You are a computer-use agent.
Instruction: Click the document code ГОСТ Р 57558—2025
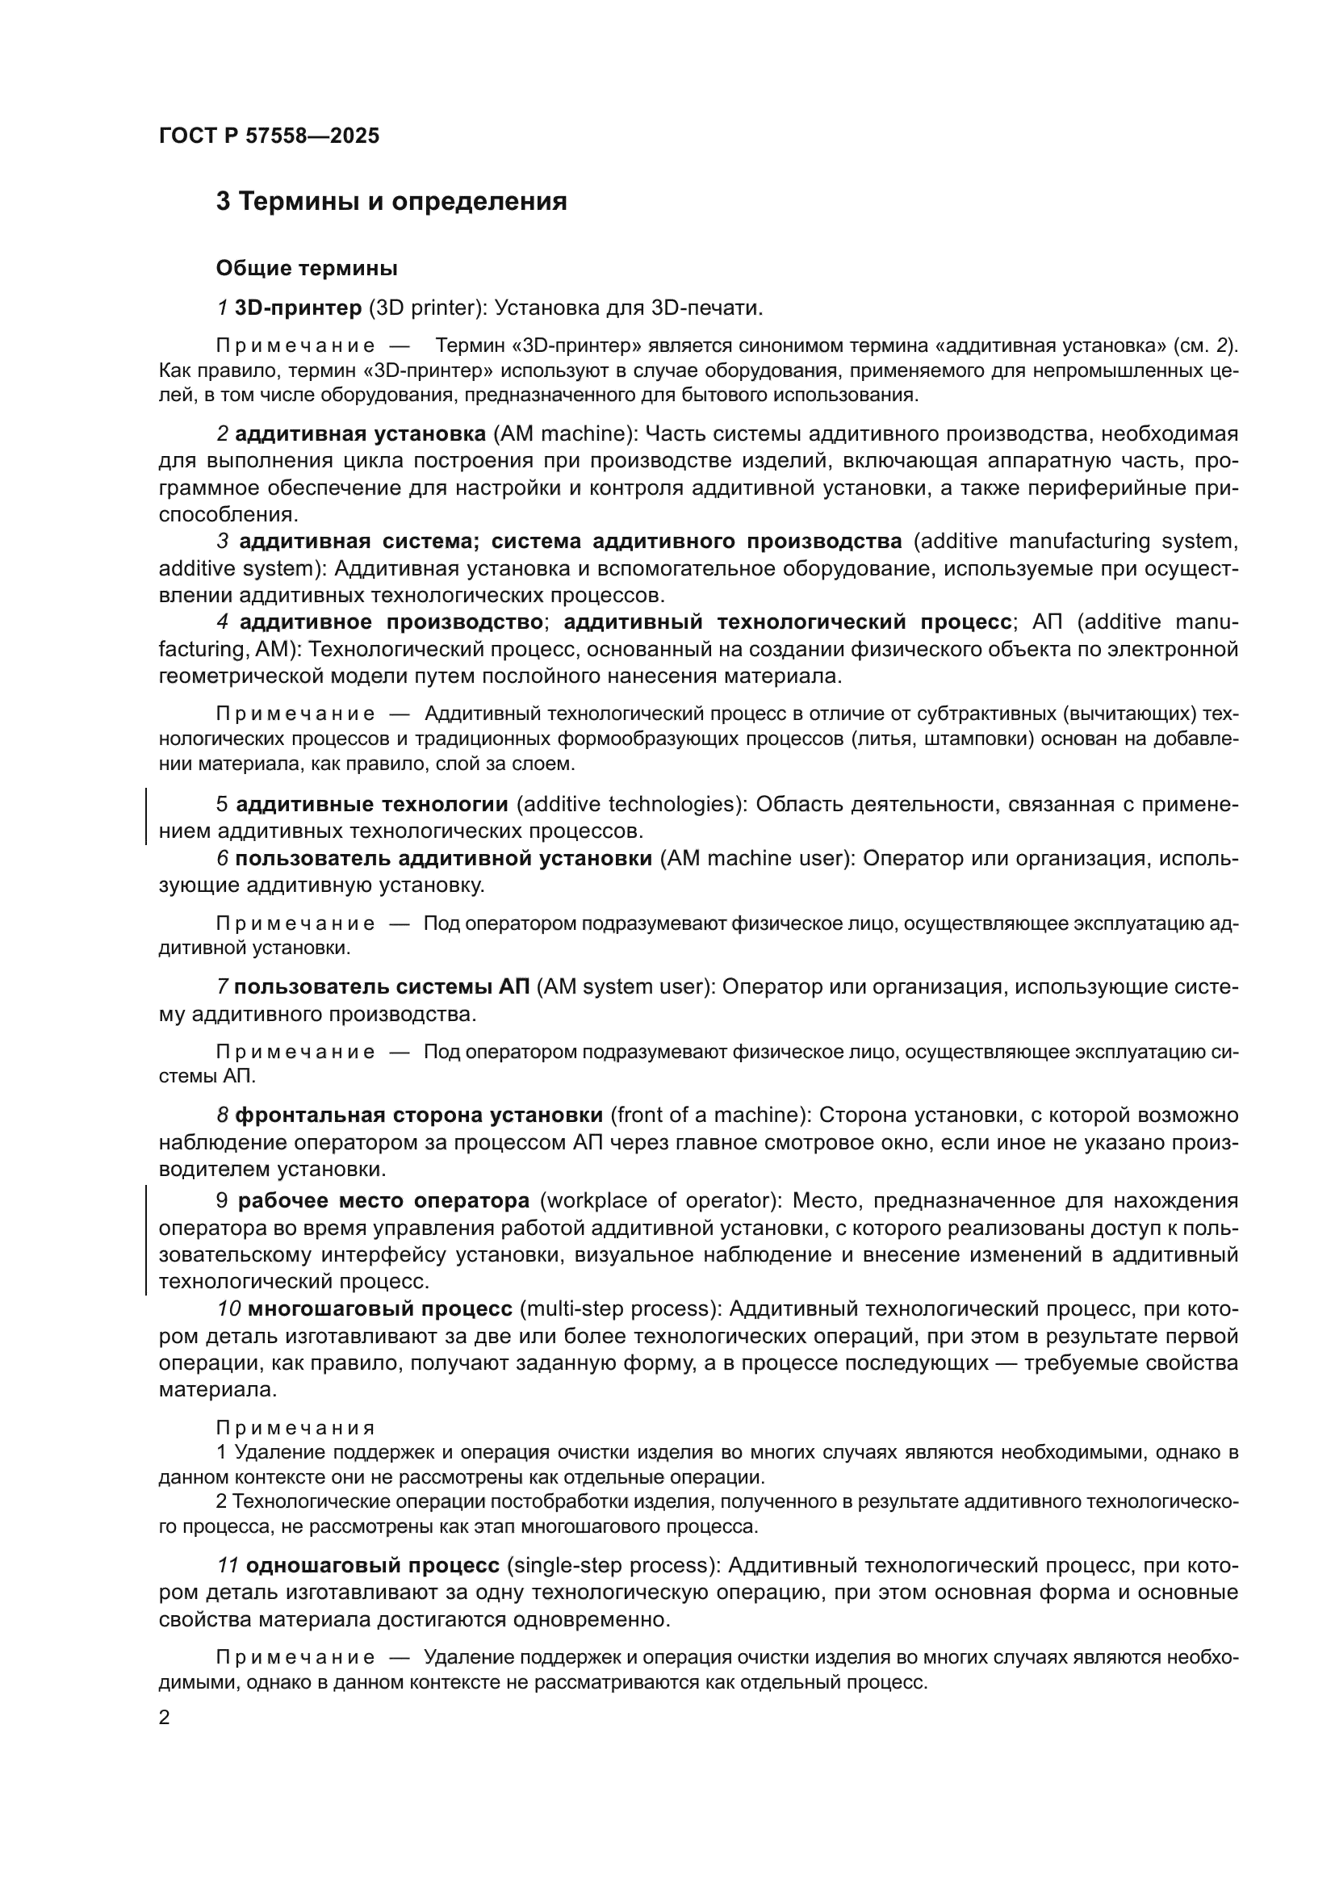point(269,136)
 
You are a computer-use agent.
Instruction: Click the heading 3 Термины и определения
point(391,202)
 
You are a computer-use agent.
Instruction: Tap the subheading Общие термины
point(307,268)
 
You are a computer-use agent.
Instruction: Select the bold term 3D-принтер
point(298,308)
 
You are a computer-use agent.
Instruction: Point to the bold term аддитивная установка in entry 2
point(360,433)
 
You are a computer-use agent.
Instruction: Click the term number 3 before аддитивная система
point(222,541)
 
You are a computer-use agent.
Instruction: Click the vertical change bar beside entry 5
point(146,817)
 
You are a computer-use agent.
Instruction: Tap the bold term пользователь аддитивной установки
point(443,858)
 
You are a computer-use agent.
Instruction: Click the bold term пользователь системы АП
point(383,986)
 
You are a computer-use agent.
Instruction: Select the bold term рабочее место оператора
point(383,1200)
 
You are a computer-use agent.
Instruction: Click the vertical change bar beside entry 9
point(146,1240)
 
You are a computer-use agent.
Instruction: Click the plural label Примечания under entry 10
point(295,1429)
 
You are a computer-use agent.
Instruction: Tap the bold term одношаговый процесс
point(372,1565)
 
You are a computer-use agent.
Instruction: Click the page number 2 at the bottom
point(165,1718)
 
